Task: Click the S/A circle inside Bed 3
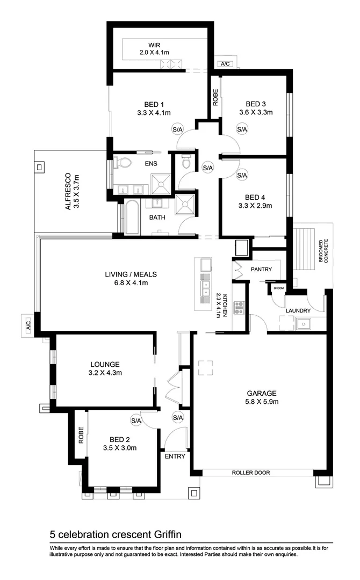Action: click(242, 129)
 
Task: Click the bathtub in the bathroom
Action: click(132, 218)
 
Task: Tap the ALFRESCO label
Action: click(68, 191)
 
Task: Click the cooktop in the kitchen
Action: click(239, 308)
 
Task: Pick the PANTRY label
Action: click(261, 270)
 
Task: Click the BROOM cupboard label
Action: click(278, 288)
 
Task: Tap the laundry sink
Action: click(304, 324)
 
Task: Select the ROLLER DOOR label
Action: click(250, 473)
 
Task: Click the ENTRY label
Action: click(175, 456)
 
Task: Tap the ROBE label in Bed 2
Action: click(81, 435)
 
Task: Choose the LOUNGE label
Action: click(105, 364)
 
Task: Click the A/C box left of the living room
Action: click(27, 325)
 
